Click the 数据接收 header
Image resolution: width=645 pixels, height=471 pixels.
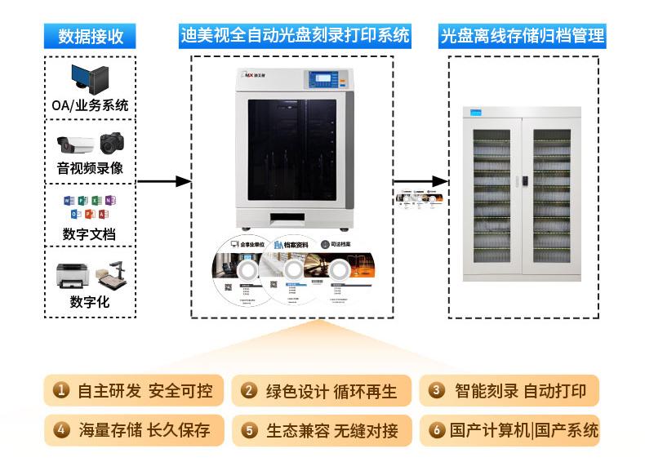[91, 36]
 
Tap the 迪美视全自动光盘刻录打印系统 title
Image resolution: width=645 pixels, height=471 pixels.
[295, 36]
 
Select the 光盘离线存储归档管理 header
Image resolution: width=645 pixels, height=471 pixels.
[523, 36]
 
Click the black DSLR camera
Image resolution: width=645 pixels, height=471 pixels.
[112, 143]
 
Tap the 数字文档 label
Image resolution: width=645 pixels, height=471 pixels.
[90, 234]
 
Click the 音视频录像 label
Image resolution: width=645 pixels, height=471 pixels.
[90, 169]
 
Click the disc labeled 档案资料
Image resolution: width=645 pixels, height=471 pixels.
[291, 273]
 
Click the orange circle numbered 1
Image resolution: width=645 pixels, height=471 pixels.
[61, 391]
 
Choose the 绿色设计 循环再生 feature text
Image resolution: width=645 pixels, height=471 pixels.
[331, 391]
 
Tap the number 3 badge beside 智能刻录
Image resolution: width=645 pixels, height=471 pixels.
[437, 391]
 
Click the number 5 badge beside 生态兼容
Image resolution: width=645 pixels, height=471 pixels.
[249, 430]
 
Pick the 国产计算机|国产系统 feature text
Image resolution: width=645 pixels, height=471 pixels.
[523, 430]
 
